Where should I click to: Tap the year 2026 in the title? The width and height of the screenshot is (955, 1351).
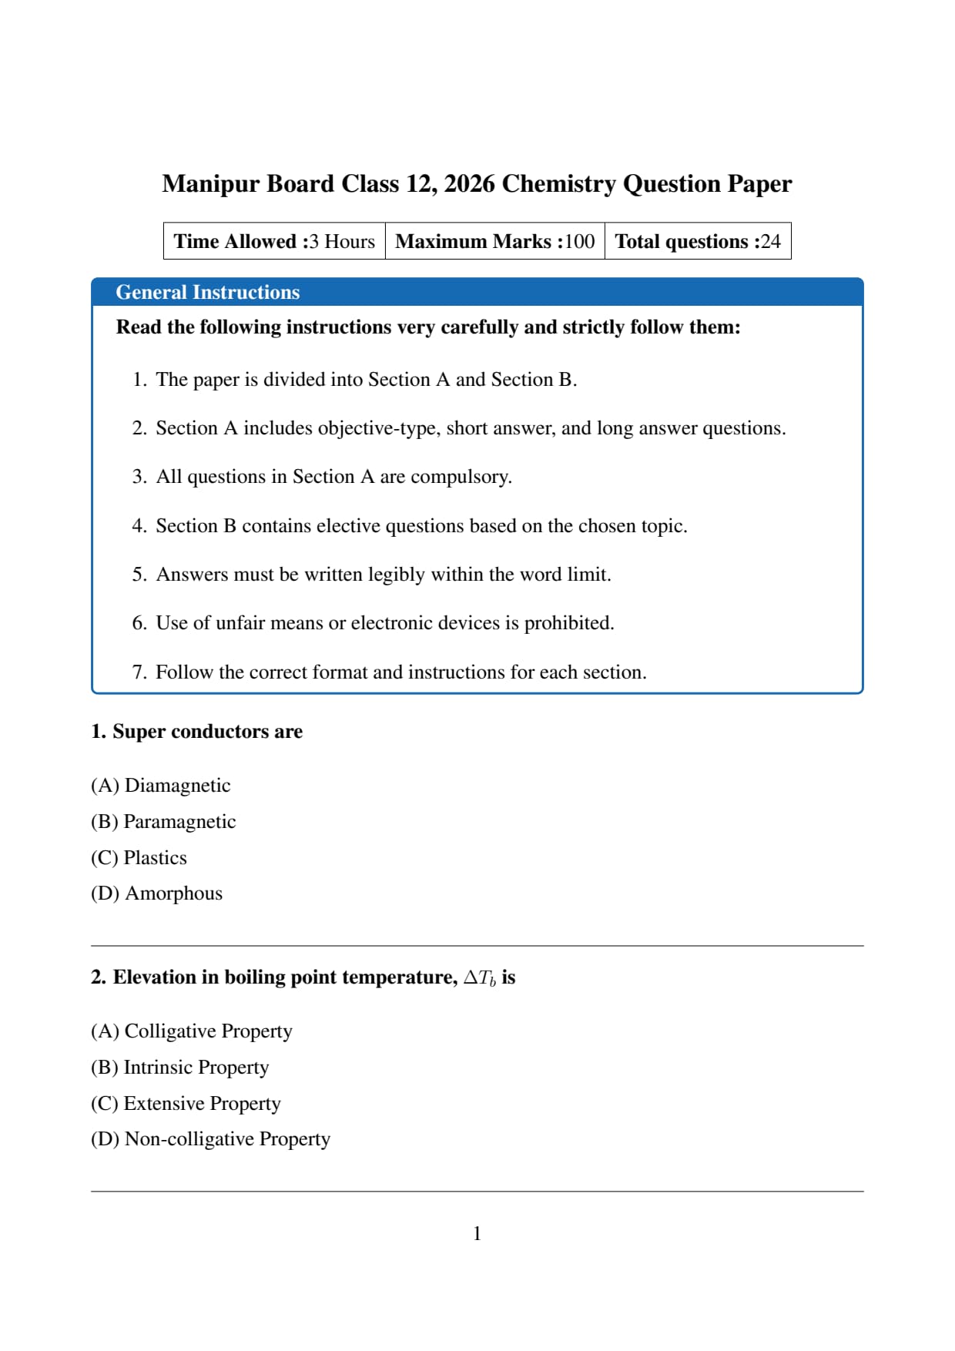coord(469,184)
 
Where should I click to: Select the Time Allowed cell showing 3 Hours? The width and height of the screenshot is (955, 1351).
coord(274,241)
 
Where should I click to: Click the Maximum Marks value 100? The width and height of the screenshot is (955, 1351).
coord(579,241)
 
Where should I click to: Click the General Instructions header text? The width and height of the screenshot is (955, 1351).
coord(207,293)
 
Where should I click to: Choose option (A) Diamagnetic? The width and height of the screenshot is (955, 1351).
coord(160,786)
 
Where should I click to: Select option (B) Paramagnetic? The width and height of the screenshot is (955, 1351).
coord(163,822)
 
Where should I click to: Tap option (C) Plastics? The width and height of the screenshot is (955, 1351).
coord(139,858)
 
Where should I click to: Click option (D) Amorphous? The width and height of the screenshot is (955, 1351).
coord(156,893)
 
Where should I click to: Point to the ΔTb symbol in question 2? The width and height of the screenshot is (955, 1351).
coord(479,978)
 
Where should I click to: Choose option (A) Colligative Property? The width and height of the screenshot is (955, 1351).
coord(192,1031)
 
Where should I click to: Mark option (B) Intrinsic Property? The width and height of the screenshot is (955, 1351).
coord(179,1068)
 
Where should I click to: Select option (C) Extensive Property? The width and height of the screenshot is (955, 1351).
coord(186,1104)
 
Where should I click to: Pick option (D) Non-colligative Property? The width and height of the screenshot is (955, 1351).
coord(210,1139)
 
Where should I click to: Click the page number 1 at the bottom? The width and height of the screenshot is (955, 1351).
coord(477,1234)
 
